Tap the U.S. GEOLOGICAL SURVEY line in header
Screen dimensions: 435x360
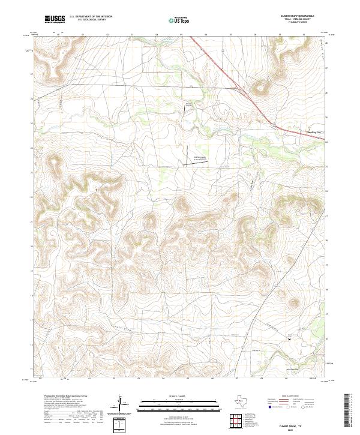[87, 21]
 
